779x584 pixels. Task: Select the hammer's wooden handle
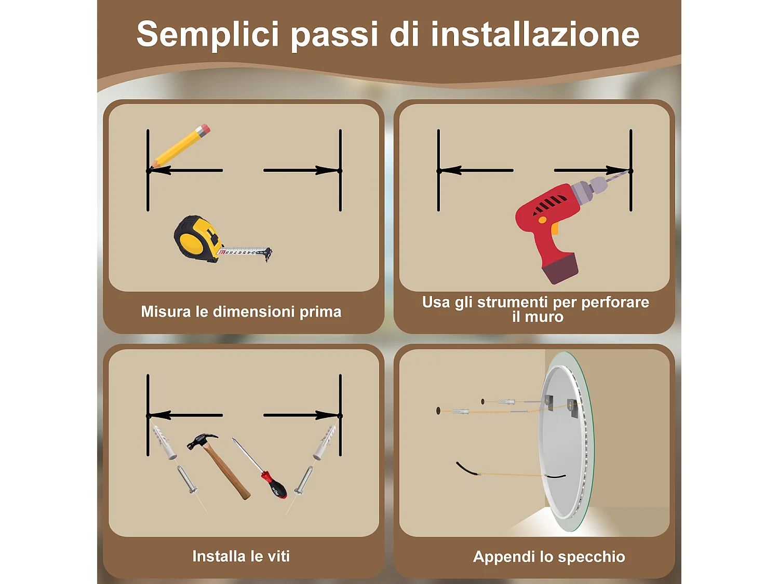pyautogui.click(x=226, y=472)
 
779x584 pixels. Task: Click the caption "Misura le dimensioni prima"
pyautogui.click(x=241, y=311)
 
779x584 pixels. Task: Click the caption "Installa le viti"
pyautogui.click(x=241, y=556)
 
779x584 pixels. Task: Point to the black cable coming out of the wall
pyautogui.click(x=466, y=469)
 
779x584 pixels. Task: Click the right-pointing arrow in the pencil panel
pyautogui.click(x=301, y=170)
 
